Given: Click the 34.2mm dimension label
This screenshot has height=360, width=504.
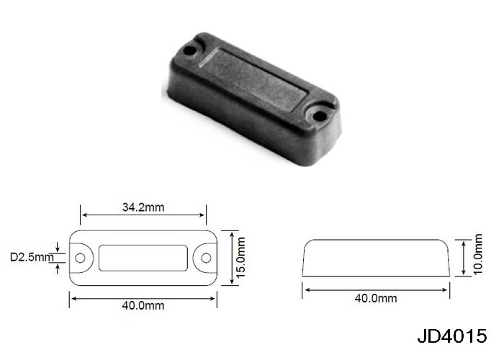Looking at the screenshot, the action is click(x=143, y=207).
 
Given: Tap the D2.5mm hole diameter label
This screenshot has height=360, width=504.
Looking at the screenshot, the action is click(x=32, y=257).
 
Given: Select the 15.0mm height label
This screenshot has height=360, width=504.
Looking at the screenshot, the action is click(x=240, y=258).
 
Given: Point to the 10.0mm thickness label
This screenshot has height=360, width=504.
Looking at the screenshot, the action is click(x=478, y=254).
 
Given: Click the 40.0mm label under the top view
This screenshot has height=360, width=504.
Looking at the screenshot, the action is click(x=143, y=305).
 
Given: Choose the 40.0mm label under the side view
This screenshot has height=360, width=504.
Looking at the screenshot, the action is click(x=376, y=298).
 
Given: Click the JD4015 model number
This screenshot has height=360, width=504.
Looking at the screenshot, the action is click(x=452, y=336).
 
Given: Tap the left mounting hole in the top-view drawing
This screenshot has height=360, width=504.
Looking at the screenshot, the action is click(x=80, y=258).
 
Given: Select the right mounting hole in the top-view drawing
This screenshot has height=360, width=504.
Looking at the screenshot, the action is click(x=206, y=258).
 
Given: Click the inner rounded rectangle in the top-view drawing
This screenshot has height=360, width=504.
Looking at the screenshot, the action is click(x=143, y=246).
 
